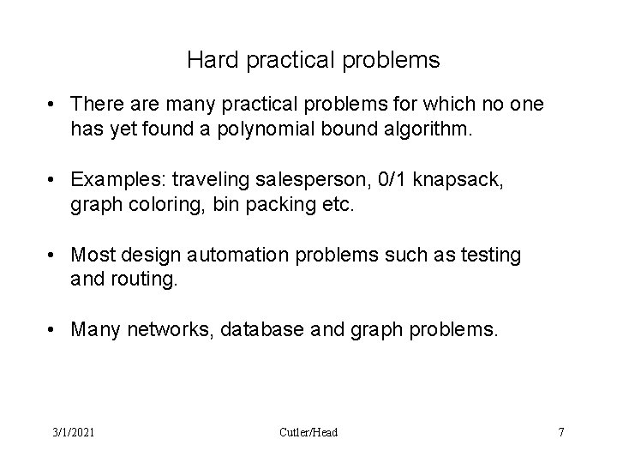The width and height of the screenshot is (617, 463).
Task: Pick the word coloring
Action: pyautogui.click(x=152, y=204)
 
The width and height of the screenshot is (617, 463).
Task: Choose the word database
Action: pyautogui.click(x=262, y=328)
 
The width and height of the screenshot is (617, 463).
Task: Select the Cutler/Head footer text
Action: pyautogui.click(x=308, y=432)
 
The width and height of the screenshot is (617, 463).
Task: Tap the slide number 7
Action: pyautogui.click(x=561, y=432)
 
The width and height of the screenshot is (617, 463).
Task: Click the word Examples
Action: pyautogui.click(x=117, y=181)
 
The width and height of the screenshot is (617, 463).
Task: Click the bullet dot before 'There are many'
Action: pyautogui.click(x=54, y=105)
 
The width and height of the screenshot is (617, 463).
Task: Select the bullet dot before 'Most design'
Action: pyautogui.click(x=54, y=255)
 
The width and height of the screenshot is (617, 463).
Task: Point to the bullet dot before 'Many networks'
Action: pyautogui.click(x=54, y=328)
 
